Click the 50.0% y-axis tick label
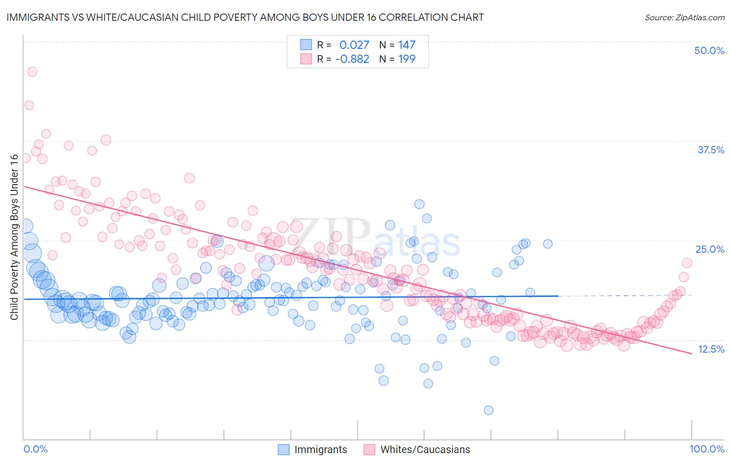[x=709, y=50]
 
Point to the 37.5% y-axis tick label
[x=711, y=150]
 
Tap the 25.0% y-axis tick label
[x=710, y=249]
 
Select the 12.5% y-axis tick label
[x=711, y=349]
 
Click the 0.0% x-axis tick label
[x=35, y=449]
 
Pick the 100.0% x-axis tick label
[x=707, y=449]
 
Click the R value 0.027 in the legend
[x=354, y=45]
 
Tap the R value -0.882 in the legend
[x=352, y=59]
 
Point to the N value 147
[x=407, y=45]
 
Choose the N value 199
[x=407, y=59]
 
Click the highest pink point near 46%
[x=32, y=72]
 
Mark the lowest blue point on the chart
[x=489, y=410]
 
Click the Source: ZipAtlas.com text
[x=684, y=17]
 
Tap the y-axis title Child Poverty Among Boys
[x=14, y=237]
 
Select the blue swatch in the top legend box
[x=306, y=45]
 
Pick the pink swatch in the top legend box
[x=306, y=59]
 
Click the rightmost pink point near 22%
[x=687, y=263]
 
